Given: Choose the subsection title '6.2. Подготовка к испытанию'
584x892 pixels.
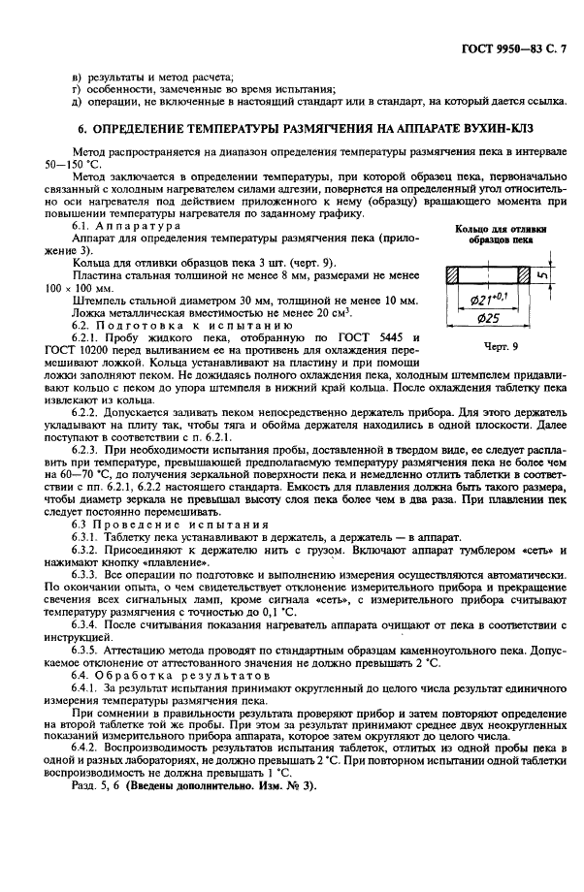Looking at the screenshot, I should point(155,325).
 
